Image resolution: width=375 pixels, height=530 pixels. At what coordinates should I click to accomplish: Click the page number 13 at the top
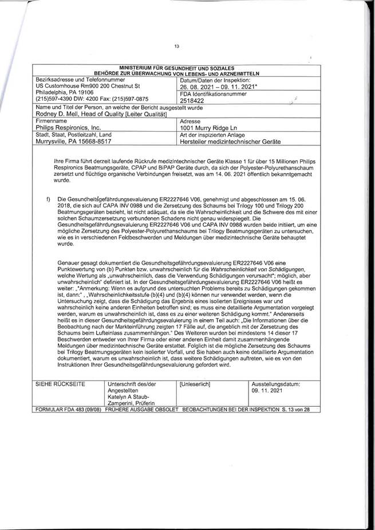tap(180, 47)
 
